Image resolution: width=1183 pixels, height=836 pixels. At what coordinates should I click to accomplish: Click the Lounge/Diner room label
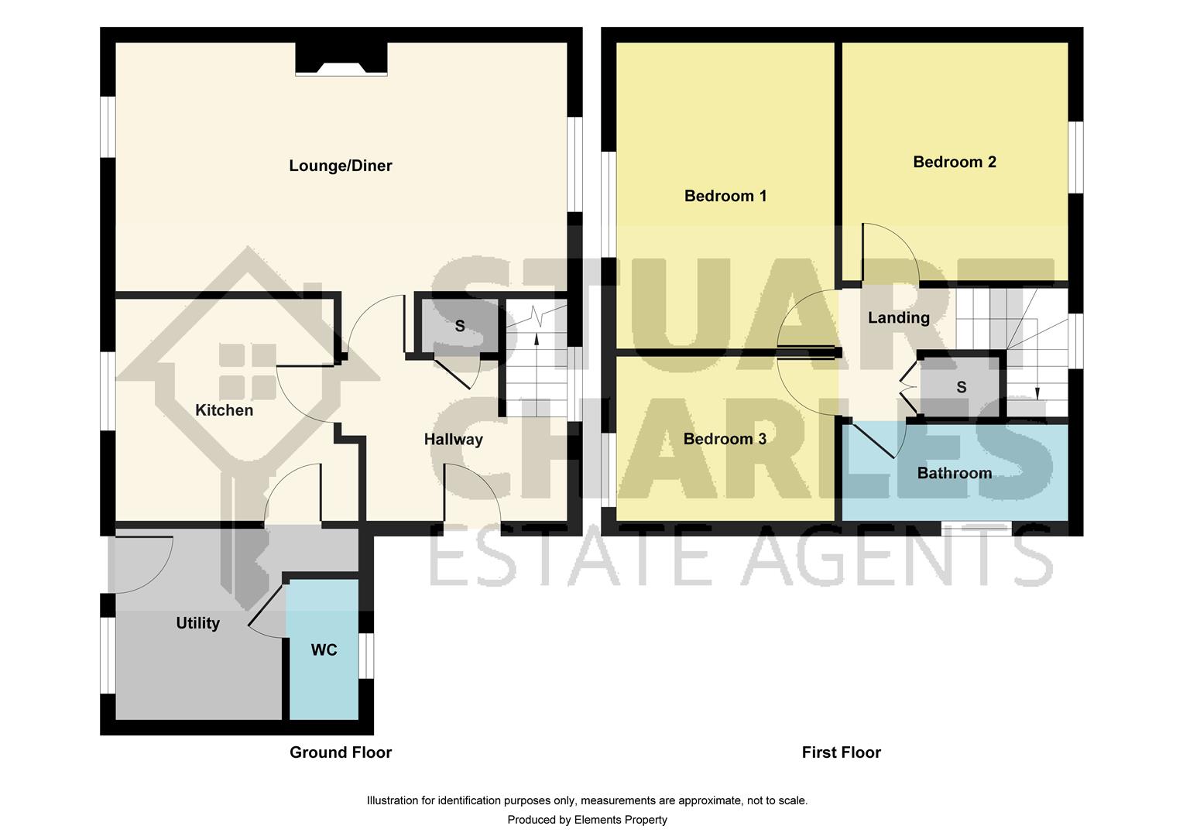[340, 166]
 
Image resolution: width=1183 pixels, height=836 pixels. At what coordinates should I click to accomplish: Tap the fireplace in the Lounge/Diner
[341, 62]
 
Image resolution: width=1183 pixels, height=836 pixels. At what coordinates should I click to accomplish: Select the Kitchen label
[224, 410]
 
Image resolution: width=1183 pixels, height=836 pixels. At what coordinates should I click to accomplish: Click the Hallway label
[453, 440]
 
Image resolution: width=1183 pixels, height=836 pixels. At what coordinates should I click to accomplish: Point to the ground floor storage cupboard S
[459, 326]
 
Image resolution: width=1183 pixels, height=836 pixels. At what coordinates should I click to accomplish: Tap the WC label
[324, 650]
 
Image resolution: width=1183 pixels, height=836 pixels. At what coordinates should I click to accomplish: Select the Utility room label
[197, 623]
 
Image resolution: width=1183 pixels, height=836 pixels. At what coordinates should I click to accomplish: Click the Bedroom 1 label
[725, 196]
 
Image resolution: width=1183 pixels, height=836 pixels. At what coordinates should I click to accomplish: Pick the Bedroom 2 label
[954, 162]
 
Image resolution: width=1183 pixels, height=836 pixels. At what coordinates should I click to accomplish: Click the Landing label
[898, 317]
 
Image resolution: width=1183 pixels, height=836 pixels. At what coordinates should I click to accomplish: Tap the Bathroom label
[954, 473]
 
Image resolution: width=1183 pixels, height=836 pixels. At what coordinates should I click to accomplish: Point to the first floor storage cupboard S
[961, 387]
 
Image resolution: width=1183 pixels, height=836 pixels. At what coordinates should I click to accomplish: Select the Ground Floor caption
[340, 752]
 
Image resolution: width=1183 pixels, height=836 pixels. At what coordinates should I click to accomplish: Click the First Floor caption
[841, 752]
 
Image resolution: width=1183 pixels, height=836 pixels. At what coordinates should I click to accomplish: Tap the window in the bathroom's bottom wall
[976, 529]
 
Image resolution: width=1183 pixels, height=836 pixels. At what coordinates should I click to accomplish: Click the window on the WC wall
[366, 656]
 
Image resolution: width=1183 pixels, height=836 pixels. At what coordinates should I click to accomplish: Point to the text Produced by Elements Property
[587, 820]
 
